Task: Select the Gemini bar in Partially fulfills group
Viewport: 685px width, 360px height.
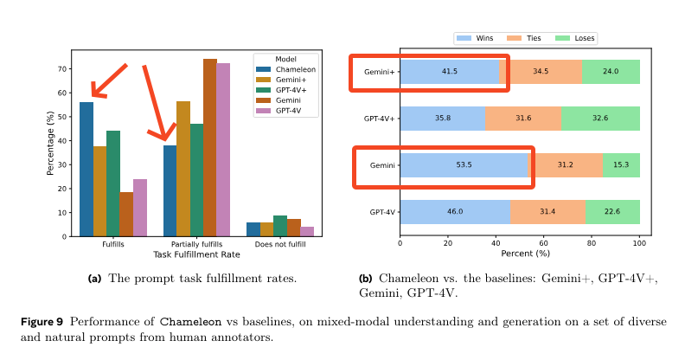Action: point(209,147)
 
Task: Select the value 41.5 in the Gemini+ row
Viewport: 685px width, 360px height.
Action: point(450,71)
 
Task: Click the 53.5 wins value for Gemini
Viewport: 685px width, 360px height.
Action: point(464,164)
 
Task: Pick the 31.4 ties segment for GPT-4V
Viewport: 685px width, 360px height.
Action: point(547,211)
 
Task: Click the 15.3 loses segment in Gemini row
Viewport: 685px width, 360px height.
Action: point(621,164)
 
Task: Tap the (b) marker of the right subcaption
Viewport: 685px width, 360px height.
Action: point(366,279)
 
